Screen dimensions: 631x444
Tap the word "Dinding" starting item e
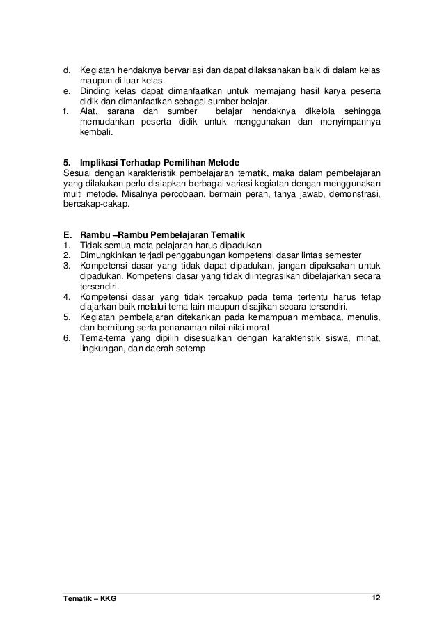click(x=96, y=92)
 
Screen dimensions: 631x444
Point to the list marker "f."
click(x=66, y=112)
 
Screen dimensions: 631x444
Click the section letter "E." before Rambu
click(x=67, y=234)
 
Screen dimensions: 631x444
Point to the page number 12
click(x=376, y=599)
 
